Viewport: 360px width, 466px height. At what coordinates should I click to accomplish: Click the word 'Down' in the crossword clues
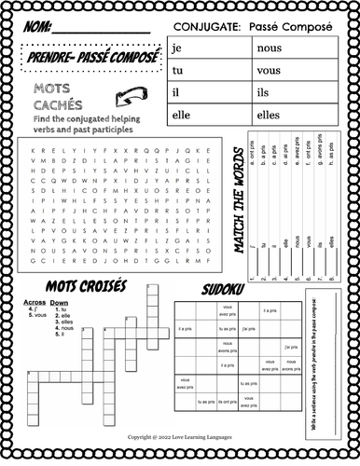click(60, 303)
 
